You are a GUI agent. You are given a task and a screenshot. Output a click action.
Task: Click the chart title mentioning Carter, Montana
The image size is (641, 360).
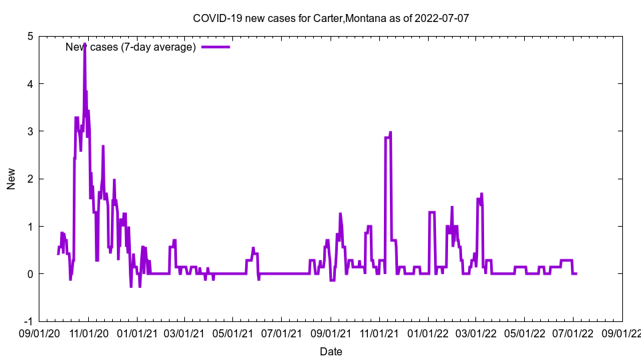pos(331,18)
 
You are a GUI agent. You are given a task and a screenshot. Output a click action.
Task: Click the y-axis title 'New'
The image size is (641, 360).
pos(11,179)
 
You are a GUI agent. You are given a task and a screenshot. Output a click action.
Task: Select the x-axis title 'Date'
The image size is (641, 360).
pos(331,351)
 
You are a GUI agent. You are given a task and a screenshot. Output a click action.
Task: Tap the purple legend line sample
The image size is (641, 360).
pos(216,47)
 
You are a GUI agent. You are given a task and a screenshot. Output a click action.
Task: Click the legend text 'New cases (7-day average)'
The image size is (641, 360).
pos(130,47)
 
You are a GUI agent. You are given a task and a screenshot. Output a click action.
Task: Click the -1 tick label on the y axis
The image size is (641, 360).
pos(28,321)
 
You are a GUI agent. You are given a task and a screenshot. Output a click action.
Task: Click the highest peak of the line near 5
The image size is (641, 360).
pos(85,45)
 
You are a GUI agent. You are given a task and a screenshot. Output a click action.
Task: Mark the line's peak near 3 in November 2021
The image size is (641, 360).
pos(391,133)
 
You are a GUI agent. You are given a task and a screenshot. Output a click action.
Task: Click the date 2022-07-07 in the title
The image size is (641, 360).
pos(443,18)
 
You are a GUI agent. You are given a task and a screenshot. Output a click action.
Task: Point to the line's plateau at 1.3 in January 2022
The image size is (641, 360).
pos(432,212)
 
